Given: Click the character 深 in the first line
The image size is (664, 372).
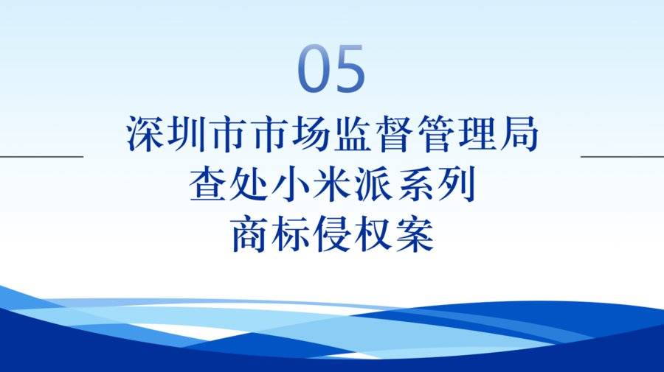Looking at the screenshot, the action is (145, 133).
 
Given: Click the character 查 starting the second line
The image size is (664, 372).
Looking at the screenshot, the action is (207, 184).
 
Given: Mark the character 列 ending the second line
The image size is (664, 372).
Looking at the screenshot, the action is (457, 184).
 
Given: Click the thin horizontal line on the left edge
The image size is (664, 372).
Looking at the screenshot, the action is (41, 156).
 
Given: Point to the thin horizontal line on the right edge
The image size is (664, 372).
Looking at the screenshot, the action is (622, 156).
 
